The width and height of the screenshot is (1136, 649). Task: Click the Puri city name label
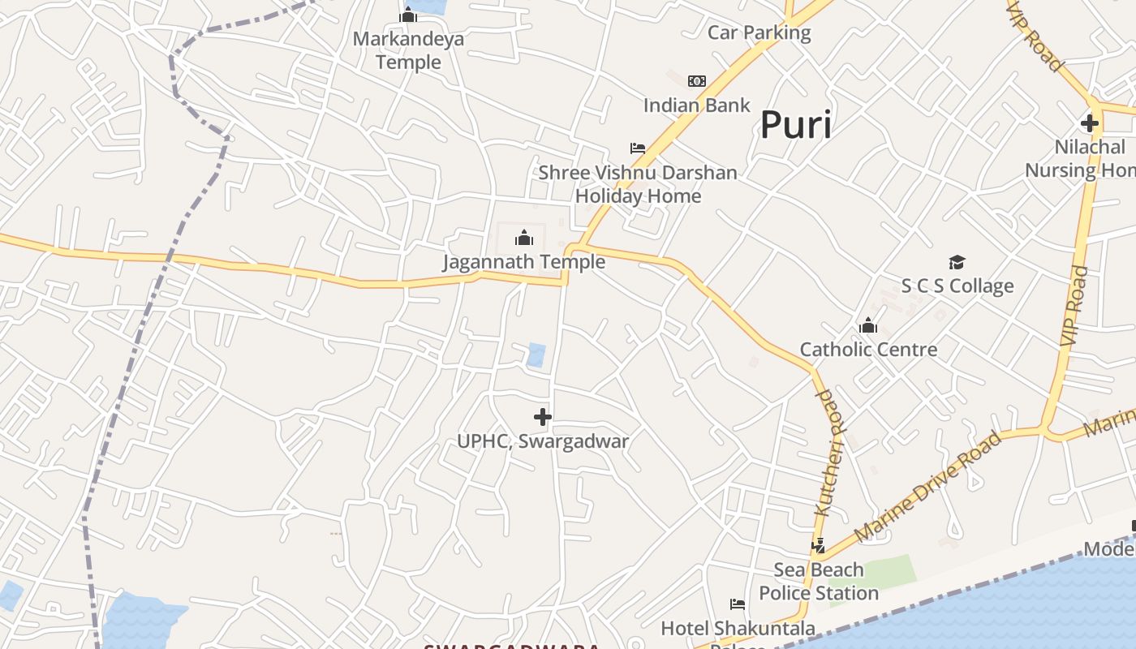point(796,126)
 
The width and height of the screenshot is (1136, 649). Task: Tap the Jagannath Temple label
point(523,262)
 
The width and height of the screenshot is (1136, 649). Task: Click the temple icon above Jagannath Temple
point(524,238)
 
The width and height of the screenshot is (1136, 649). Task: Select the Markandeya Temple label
point(408,50)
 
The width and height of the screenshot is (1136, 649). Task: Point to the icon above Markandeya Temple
point(408,15)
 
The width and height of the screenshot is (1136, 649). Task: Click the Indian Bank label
point(697,105)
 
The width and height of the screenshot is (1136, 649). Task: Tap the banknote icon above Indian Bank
point(697,81)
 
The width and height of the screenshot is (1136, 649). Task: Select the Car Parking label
point(759,33)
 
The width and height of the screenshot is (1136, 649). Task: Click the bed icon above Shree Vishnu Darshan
point(638,148)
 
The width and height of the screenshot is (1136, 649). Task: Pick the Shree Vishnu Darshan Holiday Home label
point(638,184)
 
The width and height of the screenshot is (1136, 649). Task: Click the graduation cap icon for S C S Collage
point(957,262)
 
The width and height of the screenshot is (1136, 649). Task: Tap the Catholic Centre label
point(868,350)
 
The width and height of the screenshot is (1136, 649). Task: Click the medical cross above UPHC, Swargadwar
point(543,418)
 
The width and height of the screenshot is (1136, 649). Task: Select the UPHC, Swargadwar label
point(543,442)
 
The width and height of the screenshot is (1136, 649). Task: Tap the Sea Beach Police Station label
point(819,581)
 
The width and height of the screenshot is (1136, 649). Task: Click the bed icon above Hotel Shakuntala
point(738,604)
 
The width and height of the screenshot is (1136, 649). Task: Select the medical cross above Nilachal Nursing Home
point(1089,124)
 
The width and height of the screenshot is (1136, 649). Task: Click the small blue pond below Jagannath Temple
point(536,355)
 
